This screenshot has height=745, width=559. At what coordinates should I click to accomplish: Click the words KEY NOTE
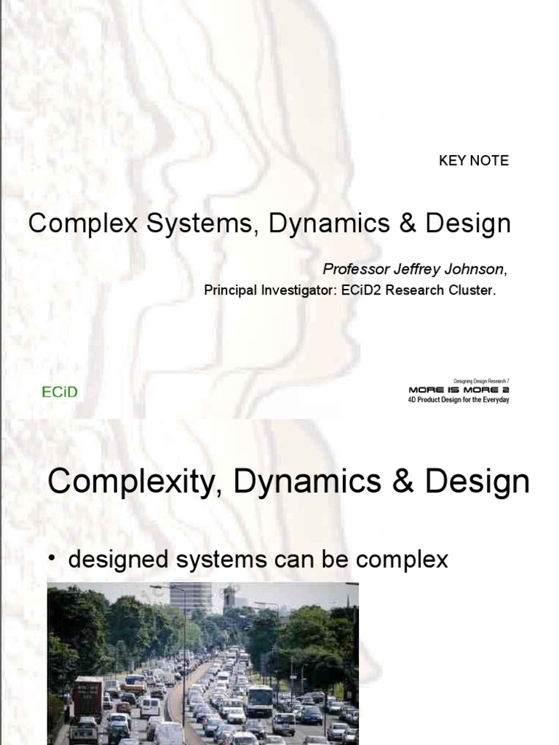point(473,161)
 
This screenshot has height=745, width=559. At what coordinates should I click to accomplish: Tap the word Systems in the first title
point(186,224)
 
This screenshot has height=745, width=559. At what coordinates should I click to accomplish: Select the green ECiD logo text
point(59,393)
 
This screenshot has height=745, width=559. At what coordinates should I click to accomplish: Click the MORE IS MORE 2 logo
point(459,390)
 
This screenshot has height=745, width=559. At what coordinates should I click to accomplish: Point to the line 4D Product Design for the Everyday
point(459,399)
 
